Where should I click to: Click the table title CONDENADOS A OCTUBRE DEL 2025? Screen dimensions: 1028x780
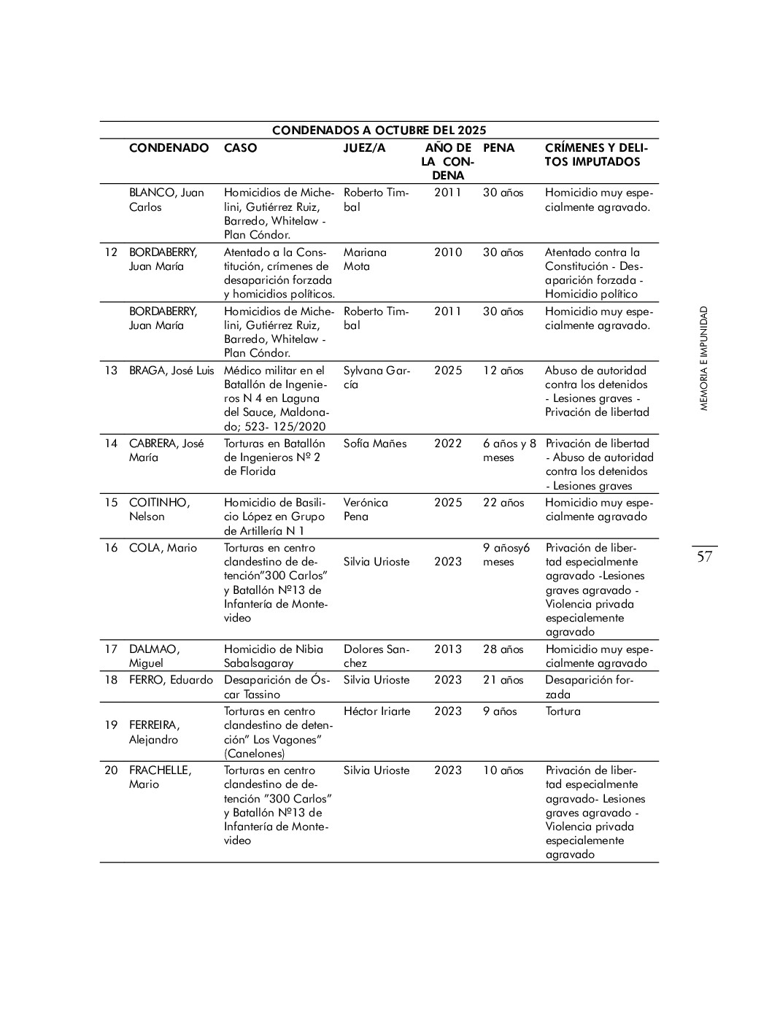[379, 131]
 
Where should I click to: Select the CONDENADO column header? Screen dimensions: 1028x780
[169, 148]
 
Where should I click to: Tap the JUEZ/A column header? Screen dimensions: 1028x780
[364, 148]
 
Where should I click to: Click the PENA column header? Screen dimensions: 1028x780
[498, 148]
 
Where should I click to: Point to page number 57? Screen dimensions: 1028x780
[704, 557]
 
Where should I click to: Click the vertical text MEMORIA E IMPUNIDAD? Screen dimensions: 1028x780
[703, 358]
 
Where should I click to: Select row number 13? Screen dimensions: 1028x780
[111, 371]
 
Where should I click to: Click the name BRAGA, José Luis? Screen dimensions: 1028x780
[171, 371]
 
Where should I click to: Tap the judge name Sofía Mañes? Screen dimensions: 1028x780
[375, 444]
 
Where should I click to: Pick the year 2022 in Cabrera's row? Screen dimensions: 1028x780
[448, 444]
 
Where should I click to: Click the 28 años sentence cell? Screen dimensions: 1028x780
[503, 649]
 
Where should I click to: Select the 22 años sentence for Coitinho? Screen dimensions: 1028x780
[503, 503]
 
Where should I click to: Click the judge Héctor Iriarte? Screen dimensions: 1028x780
[377, 711]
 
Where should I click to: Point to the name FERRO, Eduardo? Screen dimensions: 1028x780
[171, 680]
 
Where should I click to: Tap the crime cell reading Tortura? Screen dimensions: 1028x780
[563, 711]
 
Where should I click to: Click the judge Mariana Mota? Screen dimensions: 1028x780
[365, 259]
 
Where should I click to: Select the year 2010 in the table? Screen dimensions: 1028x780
[448, 252]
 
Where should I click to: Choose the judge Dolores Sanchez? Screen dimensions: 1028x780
[376, 656]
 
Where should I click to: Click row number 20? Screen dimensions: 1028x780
[111, 770]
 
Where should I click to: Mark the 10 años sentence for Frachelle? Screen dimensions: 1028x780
[503, 770]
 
